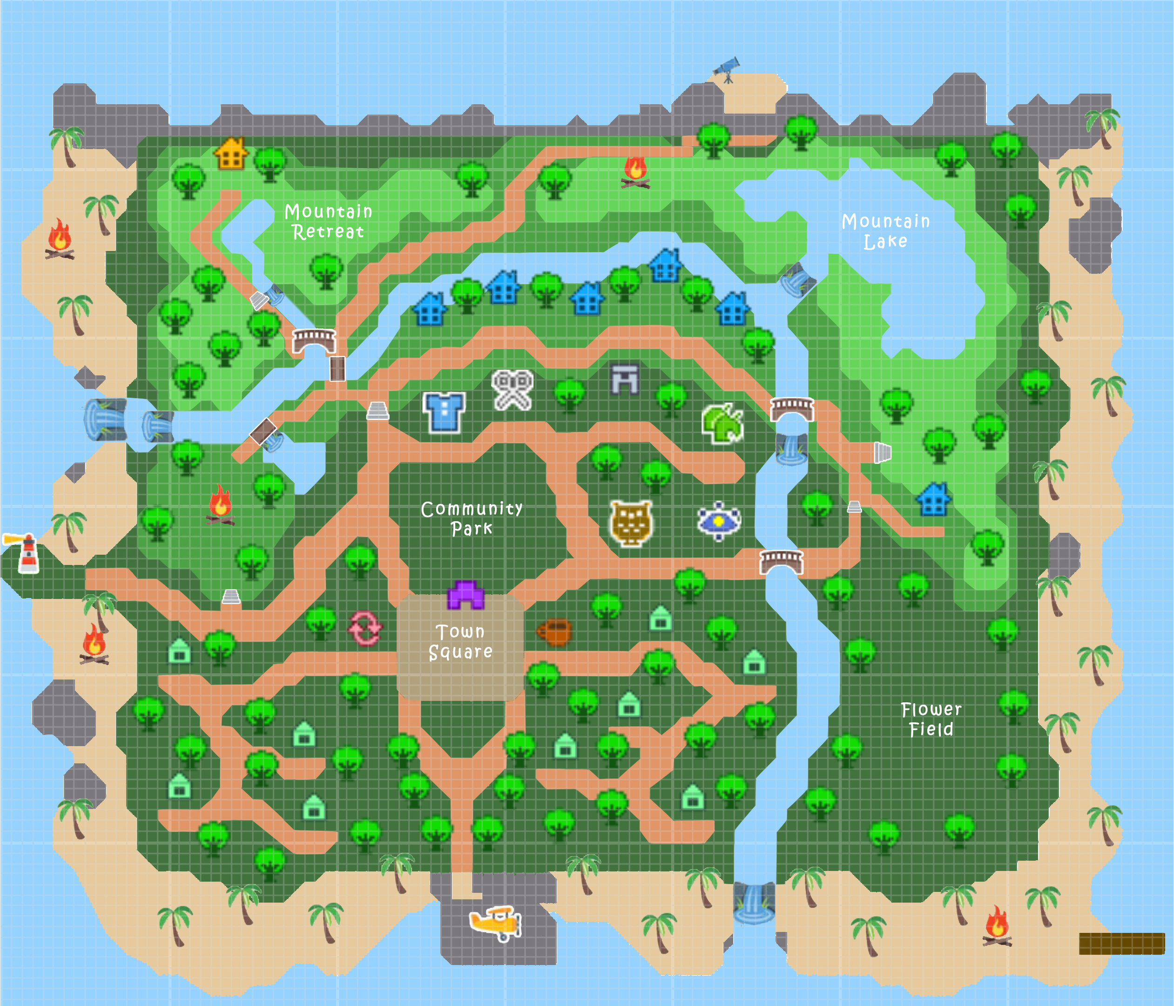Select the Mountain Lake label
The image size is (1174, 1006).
(x=885, y=231)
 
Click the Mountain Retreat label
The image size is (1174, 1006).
(x=328, y=222)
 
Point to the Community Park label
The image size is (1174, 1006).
(x=472, y=518)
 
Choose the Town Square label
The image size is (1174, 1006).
(x=460, y=642)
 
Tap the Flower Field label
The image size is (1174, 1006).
(x=931, y=719)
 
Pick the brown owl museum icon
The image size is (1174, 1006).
(x=631, y=523)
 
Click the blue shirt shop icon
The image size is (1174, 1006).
(x=444, y=411)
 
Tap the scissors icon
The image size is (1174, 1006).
(x=512, y=389)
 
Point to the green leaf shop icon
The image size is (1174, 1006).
(x=722, y=423)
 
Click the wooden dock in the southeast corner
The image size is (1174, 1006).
(x=1121, y=943)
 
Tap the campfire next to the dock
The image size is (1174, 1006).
(x=997, y=926)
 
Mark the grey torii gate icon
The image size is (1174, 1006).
(x=625, y=379)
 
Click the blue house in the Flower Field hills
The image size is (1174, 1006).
(x=933, y=499)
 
